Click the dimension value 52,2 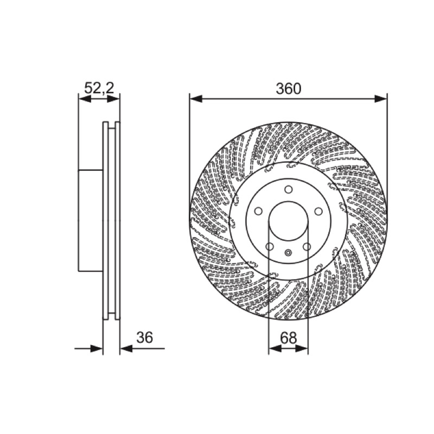[99, 88]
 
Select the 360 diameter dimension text [288, 89]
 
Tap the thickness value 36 [144, 337]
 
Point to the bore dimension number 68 [288, 337]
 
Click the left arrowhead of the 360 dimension [196, 99]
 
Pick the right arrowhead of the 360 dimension [381, 99]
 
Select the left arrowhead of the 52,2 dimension [85, 99]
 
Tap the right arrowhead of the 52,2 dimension [113, 99]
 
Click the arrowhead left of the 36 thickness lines [97, 348]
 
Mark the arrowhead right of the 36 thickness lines [126, 348]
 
